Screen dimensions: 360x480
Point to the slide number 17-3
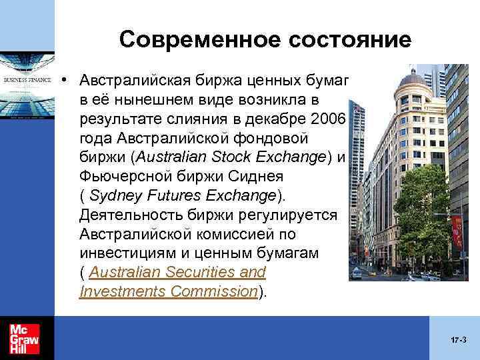458,340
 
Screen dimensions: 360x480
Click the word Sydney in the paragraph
111,196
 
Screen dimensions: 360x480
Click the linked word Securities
177,273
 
